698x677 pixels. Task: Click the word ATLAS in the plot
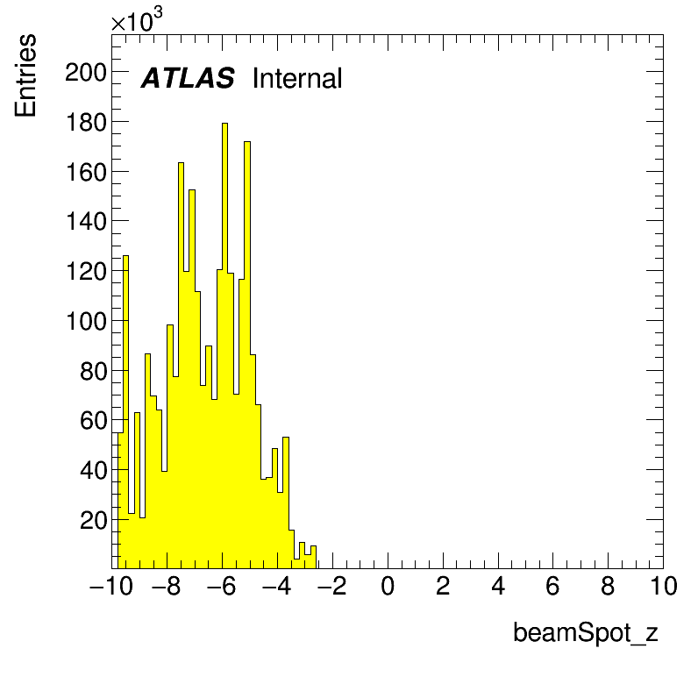tap(188, 78)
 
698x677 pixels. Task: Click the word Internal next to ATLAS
tap(297, 78)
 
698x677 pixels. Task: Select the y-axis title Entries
tap(25, 75)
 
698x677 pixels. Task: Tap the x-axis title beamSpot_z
tap(586, 632)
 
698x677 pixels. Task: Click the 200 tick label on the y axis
tap(86, 72)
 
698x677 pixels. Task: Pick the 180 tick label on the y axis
tap(86, 122)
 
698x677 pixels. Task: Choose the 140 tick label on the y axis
tap(86, 221)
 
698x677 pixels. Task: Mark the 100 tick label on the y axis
tap(86, 321)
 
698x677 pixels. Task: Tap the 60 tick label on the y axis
tap(94, 420)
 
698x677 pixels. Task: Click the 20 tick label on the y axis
tap(94, 520)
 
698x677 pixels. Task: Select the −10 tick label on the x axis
tap(111, 586)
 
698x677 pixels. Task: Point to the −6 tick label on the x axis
tap(221, 586)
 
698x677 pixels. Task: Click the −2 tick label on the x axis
tap(331, 586)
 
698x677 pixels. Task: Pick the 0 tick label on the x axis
tap(388, 586)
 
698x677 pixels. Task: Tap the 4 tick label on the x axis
tap(498, 586)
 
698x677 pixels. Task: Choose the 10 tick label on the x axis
tap(664, 586)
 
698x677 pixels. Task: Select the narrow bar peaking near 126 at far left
tap(125, 411)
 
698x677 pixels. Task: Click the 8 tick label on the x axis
tap(608, 586)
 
